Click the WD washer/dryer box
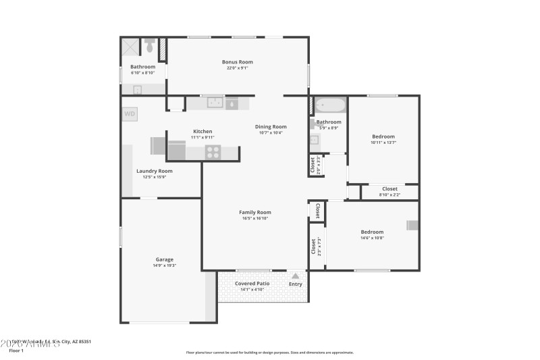[130, 114]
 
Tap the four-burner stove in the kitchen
[213, 152]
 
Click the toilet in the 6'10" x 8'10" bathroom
[150, 47]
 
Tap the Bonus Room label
[237, 61]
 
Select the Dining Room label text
[271, 126]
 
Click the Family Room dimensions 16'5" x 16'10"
[254, 218]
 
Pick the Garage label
[165, 259]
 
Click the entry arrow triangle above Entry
[295, 276]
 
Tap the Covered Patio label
[252, 284]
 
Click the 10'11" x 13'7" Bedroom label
[383, 136]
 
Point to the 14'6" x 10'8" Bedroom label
[371, 232]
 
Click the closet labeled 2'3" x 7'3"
[313, 247]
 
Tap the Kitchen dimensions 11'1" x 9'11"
[202, 137]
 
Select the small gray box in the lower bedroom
[412, 226]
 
